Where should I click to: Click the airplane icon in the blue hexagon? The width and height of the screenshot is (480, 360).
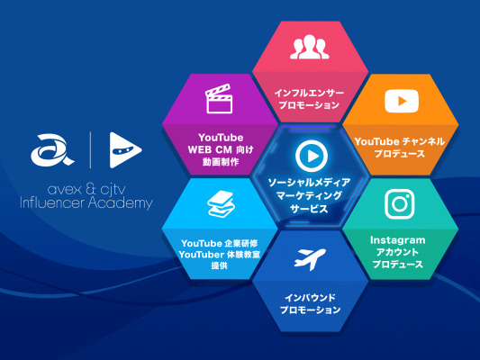point(310,259)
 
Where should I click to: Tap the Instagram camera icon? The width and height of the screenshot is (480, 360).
point(400,204)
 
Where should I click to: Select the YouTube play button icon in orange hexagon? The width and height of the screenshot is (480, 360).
point(402,101)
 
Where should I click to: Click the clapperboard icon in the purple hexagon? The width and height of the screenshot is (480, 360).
point(219,99)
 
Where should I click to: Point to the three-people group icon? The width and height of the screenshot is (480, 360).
point(310,47)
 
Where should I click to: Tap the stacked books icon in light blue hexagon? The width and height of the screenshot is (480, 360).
point(221,204)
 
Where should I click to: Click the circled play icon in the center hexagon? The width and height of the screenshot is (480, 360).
point(312,156)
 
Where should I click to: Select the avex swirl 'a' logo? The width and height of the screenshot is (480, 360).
point(52,150)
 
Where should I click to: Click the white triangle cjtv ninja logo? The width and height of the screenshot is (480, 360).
point(125,150)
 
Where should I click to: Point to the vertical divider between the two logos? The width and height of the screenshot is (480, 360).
point(90,150)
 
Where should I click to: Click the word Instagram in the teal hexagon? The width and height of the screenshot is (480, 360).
point(398,240)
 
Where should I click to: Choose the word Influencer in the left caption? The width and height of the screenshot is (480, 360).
point(52,202)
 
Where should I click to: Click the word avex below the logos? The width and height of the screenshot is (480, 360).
point(65,190)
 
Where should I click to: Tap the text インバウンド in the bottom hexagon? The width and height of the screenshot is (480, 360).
point(310,297)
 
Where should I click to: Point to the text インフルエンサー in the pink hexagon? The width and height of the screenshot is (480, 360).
point(309,93)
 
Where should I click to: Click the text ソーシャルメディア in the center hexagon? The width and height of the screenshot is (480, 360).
point(309,183)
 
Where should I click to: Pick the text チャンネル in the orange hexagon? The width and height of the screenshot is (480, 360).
point(423,141)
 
